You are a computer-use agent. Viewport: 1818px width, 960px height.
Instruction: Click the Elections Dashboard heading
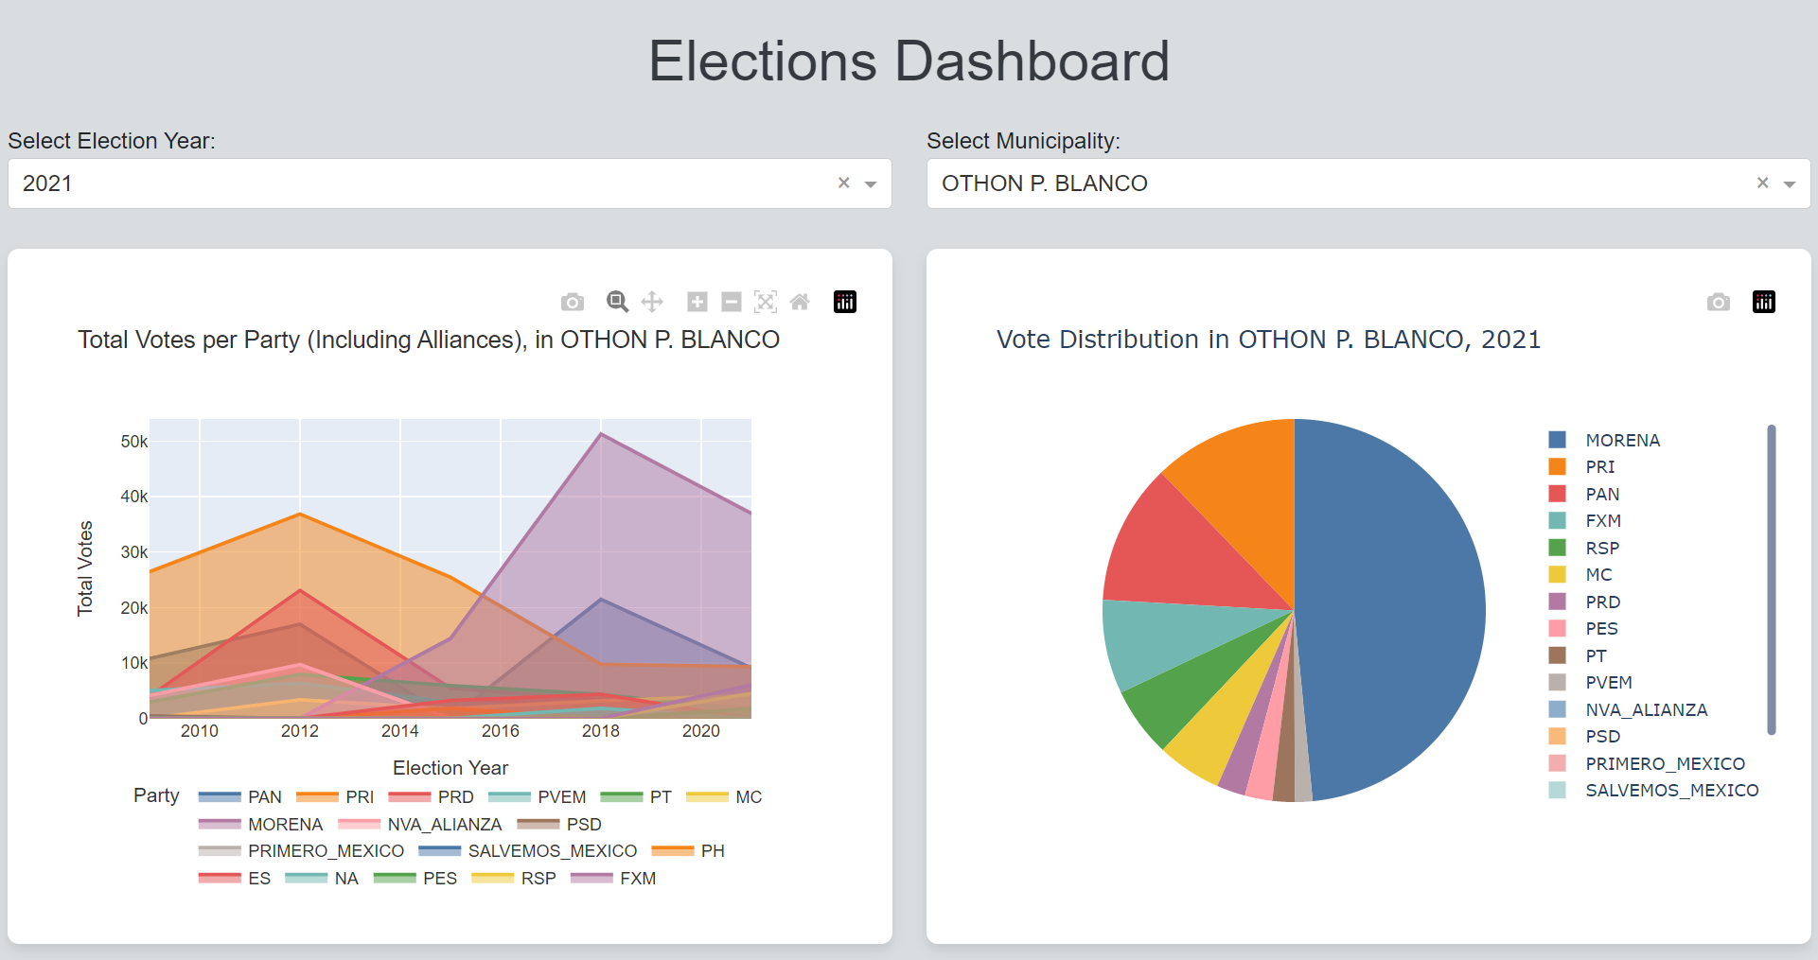click(x=909, y=61)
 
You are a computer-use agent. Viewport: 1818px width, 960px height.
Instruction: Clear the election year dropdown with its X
click(x=843, y=183)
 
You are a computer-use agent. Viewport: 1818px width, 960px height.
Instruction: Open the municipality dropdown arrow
click(x=1789, y=183)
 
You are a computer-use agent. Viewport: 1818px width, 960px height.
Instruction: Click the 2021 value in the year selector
click(x=47, y=183)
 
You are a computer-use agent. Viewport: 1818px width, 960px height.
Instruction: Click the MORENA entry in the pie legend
click(x=1622, y=440)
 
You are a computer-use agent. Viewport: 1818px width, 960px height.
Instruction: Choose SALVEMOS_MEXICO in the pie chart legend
click(x=1671, y=790)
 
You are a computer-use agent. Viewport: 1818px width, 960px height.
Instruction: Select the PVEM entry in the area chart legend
click(x=561, y=797)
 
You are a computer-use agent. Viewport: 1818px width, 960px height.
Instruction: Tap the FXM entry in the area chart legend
click(x=637, y=879)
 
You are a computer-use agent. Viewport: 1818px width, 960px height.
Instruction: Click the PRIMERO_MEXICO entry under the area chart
click(x=326, y=851)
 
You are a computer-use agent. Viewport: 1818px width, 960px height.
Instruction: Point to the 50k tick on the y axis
click(x=133, y=442)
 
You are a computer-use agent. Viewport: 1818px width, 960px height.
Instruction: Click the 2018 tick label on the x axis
click(x=600, y=731)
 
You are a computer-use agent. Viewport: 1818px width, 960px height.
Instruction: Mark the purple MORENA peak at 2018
click(x=601, y=434)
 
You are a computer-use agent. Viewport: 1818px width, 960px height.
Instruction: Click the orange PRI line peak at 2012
click(x=300, y=515)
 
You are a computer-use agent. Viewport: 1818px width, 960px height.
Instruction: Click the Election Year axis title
click(x=450, y=768)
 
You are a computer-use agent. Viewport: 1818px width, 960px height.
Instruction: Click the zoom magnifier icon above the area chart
click(x=617, y=302)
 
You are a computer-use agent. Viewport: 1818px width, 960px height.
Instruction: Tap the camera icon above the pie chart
click(x=1718, y=302)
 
